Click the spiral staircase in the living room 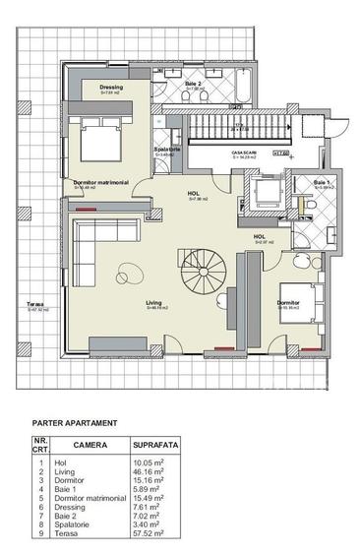click(201, 267)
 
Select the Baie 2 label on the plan click(194, 84)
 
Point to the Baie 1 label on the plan click(322, 183)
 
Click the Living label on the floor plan click(154, 303)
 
